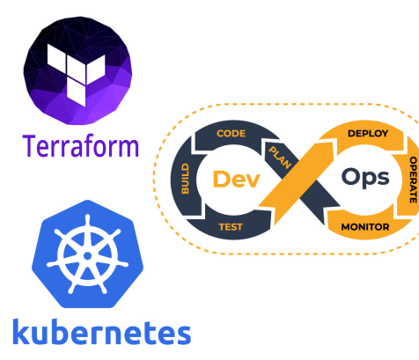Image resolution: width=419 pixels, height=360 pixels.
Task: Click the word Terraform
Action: point(80,144)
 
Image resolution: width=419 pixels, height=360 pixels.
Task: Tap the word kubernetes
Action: point(101,332)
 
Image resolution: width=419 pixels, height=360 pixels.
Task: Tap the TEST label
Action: point(231,225)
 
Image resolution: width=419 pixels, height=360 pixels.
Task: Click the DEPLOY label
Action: point(368,133)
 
